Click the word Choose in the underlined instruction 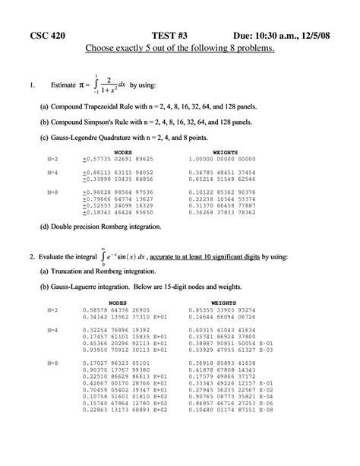(103, 49)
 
